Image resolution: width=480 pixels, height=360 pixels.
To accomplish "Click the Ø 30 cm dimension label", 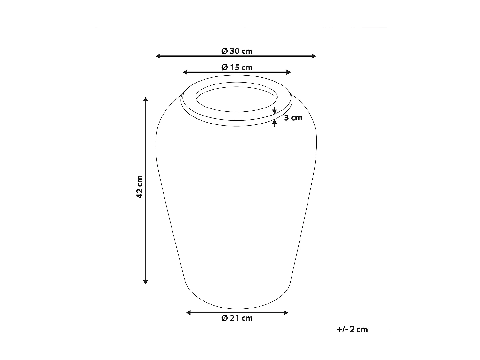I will pos(237,51).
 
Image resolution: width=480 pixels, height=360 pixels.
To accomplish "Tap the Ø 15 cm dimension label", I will pos(237,67).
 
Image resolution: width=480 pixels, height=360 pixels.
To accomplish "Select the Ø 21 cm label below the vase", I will pos(237,318).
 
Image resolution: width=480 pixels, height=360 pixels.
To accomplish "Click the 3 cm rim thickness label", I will pos(293,118).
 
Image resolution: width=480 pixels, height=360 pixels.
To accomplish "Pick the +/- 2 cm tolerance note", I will pos(352,329).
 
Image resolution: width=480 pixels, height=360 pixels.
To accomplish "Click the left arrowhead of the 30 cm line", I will pos(158,56).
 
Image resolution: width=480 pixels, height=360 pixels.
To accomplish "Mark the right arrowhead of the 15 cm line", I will pos(289,72).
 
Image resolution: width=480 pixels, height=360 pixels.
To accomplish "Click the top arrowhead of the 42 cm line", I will pos(146,99).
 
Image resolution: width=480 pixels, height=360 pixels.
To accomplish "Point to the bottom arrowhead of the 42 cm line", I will pos(146,282).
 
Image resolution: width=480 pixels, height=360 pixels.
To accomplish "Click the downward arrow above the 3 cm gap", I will pos(275,111).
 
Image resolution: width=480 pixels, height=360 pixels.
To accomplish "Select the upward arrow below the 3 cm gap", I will pos(275,122).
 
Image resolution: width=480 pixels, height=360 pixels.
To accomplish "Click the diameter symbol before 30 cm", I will pos(224,51).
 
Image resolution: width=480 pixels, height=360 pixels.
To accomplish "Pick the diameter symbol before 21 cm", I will pos(224,318).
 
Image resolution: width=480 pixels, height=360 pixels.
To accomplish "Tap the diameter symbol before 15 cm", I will pos(224,68).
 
